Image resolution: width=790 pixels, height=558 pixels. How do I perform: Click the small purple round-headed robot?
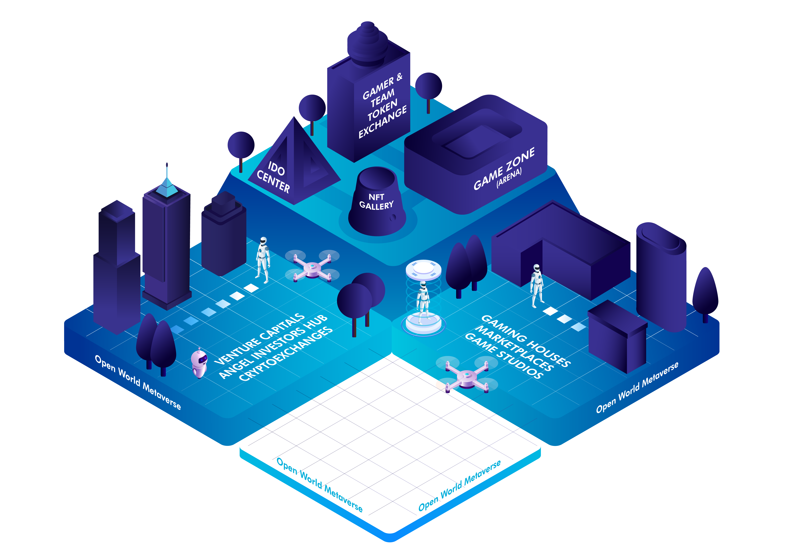click(199, 363)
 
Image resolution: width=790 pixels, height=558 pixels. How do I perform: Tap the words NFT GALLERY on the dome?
click(376, 202)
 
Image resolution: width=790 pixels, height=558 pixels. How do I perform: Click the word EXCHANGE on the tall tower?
click(383, 122)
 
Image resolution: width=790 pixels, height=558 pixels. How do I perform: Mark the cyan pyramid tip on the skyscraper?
click(167, 187)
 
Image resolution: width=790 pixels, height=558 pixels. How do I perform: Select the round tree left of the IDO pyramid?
click(241, 151)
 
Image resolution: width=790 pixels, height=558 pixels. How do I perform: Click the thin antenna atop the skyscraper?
click(167, 170)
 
